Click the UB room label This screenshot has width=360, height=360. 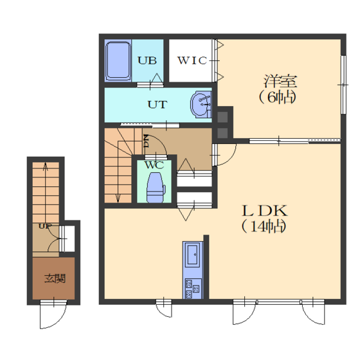point(147,60)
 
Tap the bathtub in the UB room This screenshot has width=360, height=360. point(118,60)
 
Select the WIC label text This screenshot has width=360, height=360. point(192,60)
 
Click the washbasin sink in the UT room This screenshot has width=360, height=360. point(201,104)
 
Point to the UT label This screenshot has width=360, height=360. point(157,105)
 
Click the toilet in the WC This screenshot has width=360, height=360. point(156,187)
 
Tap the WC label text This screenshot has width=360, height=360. point(154,165)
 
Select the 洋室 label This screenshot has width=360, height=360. point(280,81)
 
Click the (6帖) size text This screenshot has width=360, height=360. point(277,97)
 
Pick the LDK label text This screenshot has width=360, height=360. point(265,211)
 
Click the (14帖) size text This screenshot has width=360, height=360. point(264,226)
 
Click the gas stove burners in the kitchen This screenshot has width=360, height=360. point(193,289)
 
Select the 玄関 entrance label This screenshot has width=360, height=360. point(55,278)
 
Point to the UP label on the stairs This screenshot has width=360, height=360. point(45,226)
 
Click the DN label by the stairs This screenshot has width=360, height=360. point(147,141)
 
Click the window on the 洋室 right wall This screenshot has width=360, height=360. point(343,85)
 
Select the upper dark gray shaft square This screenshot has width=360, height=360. point(222,117)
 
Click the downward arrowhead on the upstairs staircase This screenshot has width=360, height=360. point(118,198)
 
